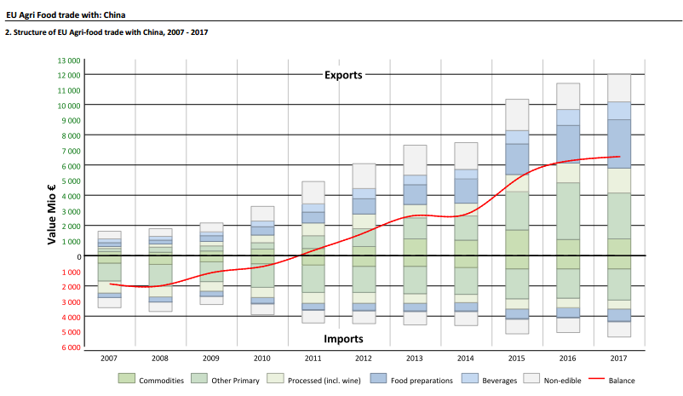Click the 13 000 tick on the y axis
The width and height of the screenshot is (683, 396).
tap(68, 60)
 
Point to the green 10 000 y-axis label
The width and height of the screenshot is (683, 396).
tap(68, 105)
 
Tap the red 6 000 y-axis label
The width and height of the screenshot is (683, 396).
tap(70, 347)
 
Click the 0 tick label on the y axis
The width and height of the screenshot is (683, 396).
tap(77, 256)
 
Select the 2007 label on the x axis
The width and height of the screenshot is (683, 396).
tap(110, 359)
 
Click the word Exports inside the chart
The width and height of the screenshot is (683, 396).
tap(343, 75)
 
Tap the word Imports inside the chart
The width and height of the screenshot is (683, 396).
tap(343, 338)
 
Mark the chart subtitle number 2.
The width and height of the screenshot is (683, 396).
tap(8, 32)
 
